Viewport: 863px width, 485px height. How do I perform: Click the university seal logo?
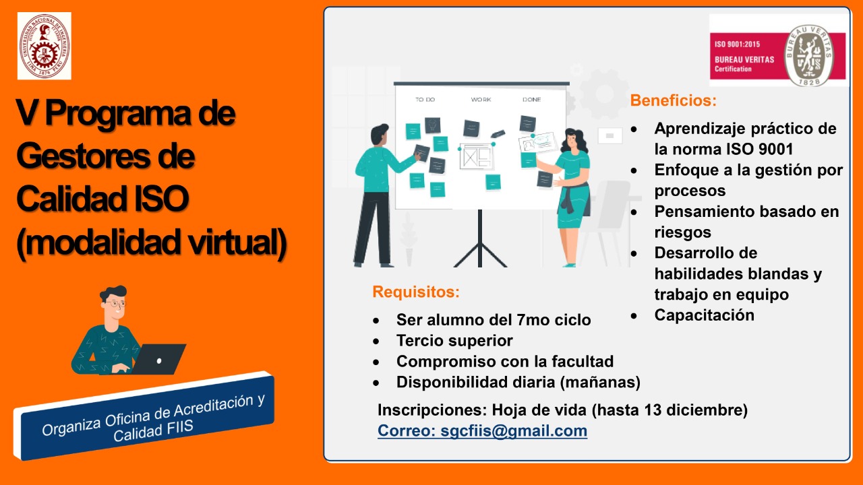point(44,46)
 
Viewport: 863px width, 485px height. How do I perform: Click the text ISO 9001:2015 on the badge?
point(737,44)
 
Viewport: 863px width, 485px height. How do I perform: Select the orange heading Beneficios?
point(673,100)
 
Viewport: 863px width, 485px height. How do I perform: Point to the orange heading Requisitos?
point(416,292)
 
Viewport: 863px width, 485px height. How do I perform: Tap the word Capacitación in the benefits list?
point(705,315)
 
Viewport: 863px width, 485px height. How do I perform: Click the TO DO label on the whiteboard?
point(425,99)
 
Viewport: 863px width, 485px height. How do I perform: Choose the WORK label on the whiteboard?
point(481,99)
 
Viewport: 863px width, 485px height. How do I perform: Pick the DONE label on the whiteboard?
point(532,99)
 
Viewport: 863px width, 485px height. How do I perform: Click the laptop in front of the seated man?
point(158,359)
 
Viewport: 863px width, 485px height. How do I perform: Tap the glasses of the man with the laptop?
point(115,304)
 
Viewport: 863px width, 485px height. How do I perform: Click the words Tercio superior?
point(454,341)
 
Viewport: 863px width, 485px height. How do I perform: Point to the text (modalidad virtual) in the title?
point(152,243)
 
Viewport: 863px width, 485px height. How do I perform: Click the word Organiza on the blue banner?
point(71,427)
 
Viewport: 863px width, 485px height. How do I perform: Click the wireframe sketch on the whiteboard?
point(477,157)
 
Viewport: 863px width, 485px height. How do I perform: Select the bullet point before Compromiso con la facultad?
point(376,362)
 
